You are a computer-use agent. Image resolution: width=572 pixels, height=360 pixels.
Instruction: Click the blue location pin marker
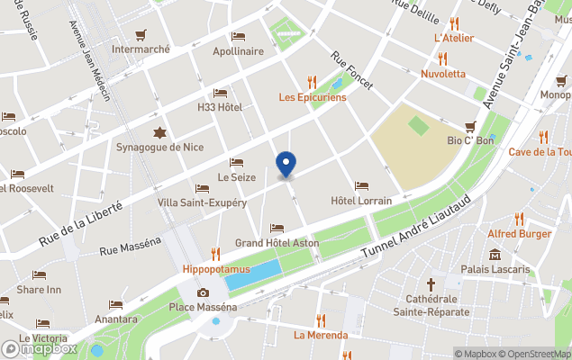(286, 165)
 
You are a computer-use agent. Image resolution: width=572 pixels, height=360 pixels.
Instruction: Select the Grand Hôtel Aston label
(277, 243)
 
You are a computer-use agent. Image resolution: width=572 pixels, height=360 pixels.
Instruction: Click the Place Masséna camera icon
(203, 292)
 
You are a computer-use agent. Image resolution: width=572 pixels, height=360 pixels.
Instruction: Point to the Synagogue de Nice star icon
(159, 132)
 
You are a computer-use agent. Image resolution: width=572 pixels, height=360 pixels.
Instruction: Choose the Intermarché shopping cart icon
(141, 35)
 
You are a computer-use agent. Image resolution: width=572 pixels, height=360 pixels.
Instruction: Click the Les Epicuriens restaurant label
(312, 96)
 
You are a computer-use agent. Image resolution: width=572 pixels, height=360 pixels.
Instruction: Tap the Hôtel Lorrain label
(361, 200)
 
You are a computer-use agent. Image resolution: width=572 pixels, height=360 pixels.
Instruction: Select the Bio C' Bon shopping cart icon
(470, 126)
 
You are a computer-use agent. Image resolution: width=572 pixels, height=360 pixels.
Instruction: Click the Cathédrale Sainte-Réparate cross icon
(431, 283)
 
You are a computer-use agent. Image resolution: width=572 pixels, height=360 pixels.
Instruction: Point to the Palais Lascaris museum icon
(495, 255)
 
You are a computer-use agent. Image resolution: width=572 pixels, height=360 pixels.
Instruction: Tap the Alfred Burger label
(519, 233)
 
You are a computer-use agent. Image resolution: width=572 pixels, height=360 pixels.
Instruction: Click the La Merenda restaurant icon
(320, 320)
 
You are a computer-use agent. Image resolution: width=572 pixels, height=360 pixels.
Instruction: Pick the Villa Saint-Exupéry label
(202, 202)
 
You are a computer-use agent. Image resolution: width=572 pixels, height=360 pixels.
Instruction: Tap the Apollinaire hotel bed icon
(238, 36)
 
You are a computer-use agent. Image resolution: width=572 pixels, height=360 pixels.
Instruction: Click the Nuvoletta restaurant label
(443, 73)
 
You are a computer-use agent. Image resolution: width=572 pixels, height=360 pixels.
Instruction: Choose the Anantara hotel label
(115, 319)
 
